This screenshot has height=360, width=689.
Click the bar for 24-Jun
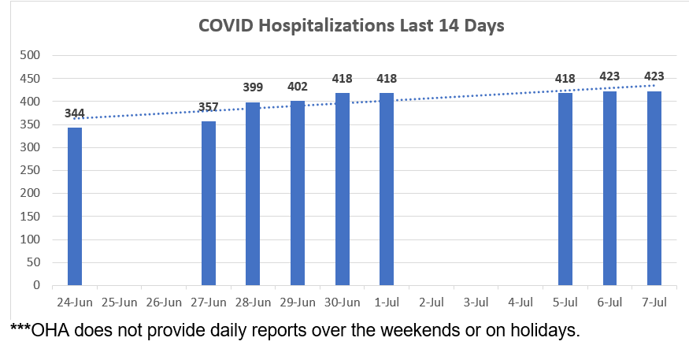point(75,206)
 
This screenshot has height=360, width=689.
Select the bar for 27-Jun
point(209,203)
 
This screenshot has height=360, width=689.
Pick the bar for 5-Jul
point(565,189)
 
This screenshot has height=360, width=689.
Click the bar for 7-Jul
point(654,188)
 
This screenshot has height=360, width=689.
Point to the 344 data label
point(75,113)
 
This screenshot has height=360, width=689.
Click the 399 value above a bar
point(253,87)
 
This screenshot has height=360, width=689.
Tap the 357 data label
point(209,107)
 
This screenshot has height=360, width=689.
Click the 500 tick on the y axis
point(31,55)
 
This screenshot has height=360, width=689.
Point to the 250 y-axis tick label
point(31,171)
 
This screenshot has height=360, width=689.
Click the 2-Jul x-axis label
point(432,302)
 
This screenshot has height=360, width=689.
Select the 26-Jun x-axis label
point(164,302)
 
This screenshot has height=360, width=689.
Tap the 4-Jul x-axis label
point(520,302)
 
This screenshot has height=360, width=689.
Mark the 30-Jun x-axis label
point(342,302)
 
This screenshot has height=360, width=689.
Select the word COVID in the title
point(228,25)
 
